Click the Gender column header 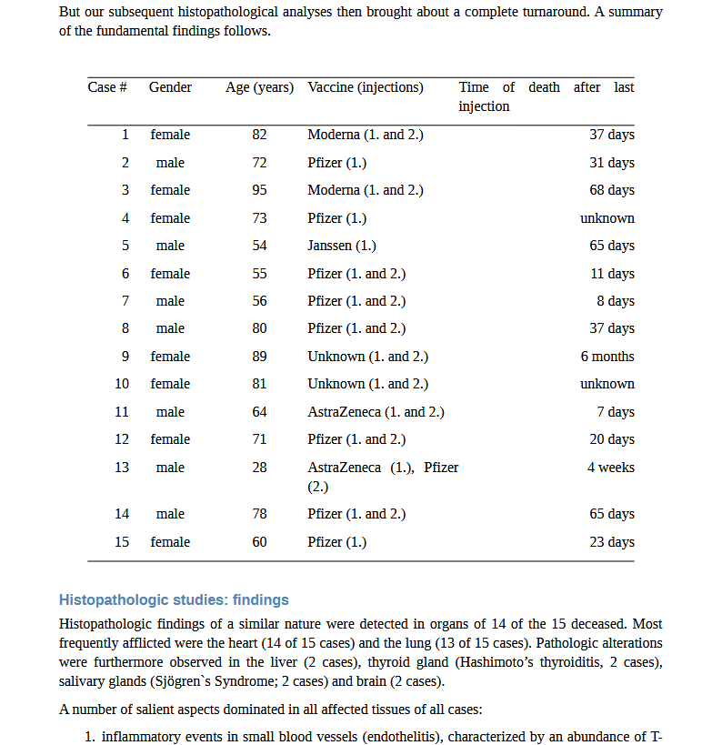tap(170, 87)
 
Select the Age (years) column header tap(259, 87)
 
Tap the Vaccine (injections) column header tap(366, 87)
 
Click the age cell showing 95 tap(260, 190)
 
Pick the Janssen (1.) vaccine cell tap(342, 246)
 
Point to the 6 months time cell tap(607, 357)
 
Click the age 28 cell tap(260, 468)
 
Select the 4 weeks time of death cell tap(611, 468)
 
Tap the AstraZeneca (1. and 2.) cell tap(376, 412)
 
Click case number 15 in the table tap(122, 542)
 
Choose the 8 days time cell tap(616, 301)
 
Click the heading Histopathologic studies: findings tap(174, 599)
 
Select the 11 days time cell tap(612, 274)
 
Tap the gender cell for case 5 tap(170, 246)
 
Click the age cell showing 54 tap(260, 246)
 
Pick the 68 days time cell tap(612, 190)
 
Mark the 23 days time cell tap(612, 542)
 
